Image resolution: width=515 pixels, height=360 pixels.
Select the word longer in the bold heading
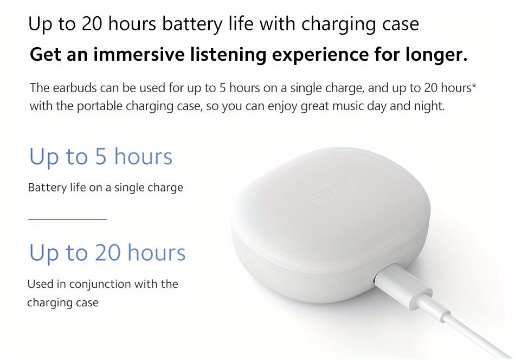tap(435, 55)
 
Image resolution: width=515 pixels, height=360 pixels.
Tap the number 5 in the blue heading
tap(101, 157)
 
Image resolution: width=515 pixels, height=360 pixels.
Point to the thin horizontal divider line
tap(67, 220)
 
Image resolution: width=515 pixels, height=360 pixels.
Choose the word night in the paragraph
tap(430, 106)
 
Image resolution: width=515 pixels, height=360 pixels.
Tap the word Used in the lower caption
tap(39, 284)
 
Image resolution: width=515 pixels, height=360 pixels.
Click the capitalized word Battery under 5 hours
tap(46, 188)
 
